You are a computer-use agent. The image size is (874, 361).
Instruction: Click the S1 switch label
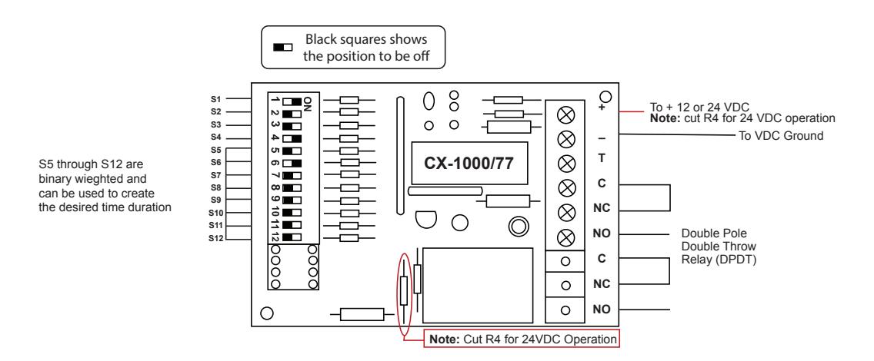[x=215, y=99]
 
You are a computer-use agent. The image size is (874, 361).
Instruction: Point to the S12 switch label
[x=215, y=239]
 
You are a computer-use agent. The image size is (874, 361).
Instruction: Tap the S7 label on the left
[x=215, y=175]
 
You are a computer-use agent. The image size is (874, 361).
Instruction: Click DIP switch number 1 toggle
[x=292, y=101]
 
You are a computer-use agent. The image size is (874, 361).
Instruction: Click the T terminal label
[x=602, y=158]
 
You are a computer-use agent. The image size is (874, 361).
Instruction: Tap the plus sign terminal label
[x=602, y=108]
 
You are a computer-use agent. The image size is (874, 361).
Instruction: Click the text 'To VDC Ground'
[x=781, y=135]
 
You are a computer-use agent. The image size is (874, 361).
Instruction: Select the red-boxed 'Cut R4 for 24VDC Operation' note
[x=522, y=339]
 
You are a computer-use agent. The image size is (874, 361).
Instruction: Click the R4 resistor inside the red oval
[x=404, y=290]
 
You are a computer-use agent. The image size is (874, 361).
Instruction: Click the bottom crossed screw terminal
[x=567, y=237]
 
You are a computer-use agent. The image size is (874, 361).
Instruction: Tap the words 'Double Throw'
[x=719, y=246]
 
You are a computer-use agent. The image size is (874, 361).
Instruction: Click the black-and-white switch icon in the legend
[x=282, y=48]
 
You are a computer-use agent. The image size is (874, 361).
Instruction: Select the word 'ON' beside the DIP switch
[x=307, y=102]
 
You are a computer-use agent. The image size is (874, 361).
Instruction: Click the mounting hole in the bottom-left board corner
[x=267, y=313]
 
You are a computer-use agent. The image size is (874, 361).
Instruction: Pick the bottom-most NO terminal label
[x=602, y=310]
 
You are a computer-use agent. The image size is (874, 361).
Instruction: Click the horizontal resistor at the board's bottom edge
[x=362, y=314]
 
